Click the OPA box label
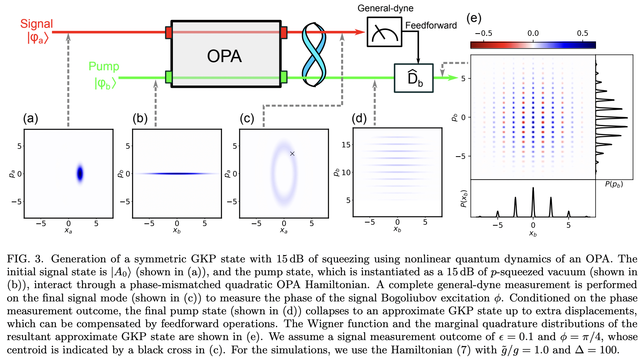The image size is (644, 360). coord(224,56)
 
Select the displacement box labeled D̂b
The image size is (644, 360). coord(414,78)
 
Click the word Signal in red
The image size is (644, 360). coord(36,24)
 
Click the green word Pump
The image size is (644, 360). coord(103,66)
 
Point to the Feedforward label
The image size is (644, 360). coord(431,25)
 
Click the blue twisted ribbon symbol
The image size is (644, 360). coord(314,55)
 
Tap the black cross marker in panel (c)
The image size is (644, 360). coord(292,153)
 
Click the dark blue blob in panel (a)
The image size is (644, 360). coord(80,173)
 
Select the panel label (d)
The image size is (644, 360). coord(359,118)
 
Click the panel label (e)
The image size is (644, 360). coord(474,18)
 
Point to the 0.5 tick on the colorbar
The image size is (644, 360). coord(582,34)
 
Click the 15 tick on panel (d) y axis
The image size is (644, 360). coord(346,144)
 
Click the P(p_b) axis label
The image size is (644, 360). coord(614,184)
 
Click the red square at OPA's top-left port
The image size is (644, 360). coord(169,32)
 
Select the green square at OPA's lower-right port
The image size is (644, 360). coord(284,77)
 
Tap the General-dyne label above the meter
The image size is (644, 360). coord(385,8)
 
